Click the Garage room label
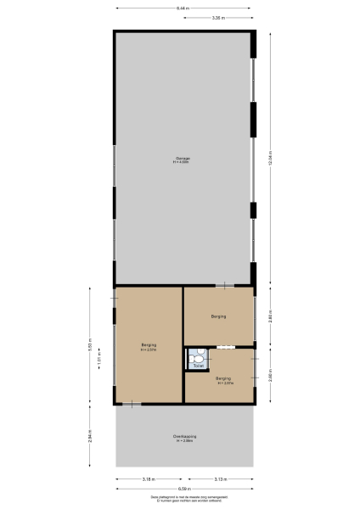[183, 159]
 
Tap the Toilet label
[197, 366]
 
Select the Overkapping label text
[184, 437]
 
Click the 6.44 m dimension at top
[183, 8]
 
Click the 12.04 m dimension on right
[270, 159]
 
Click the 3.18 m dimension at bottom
[149, 479]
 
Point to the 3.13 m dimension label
[219, 479]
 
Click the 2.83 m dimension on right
[270, 316]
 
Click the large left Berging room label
[149, 347]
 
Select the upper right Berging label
[218, 316]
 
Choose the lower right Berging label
[222, 380]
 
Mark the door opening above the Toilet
[225, 347]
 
